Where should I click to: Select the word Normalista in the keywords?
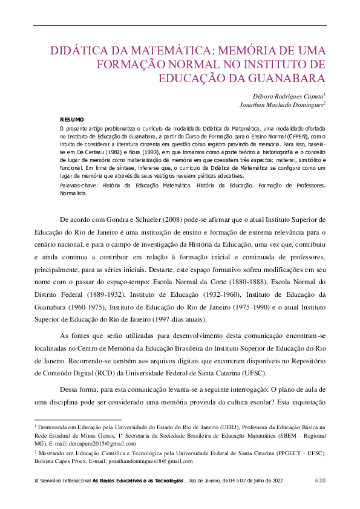[73, 194]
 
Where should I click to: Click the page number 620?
[321, 481]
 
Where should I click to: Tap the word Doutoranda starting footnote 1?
[57, 427]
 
